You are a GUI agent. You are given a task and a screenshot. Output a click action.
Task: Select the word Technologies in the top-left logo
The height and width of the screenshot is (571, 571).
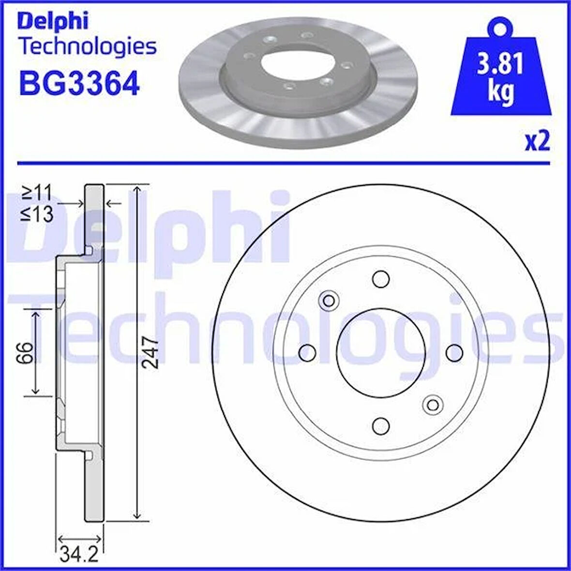click(87, 47)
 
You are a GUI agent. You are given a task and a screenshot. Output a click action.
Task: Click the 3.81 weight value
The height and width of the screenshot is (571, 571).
click(500, 64)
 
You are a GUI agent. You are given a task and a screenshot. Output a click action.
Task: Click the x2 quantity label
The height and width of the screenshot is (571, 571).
click(538, 142)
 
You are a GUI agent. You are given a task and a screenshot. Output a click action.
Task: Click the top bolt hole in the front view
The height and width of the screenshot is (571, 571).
click(381, 279)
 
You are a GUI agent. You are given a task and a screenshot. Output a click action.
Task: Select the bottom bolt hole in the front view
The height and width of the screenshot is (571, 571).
click(381, 425)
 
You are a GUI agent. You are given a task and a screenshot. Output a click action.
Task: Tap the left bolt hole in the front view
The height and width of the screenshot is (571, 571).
click(307, 352)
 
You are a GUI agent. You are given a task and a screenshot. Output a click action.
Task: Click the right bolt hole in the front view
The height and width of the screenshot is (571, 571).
click(454, 352)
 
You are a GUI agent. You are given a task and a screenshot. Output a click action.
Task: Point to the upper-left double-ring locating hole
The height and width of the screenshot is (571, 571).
click(329, 301)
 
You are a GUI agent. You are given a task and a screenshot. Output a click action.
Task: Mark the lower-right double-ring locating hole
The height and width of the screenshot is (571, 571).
click(433, 404)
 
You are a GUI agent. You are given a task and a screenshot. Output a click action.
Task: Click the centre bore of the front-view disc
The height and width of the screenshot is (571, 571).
click(381, 352)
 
